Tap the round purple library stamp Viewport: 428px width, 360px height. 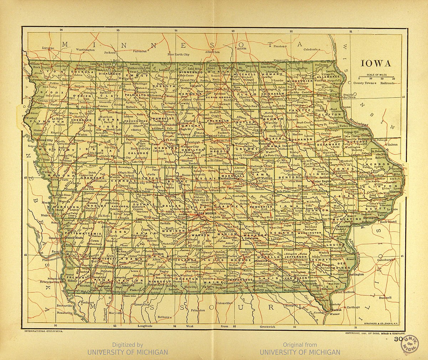(x=410, y=344)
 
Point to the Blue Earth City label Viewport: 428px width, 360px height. (x=179, y=54)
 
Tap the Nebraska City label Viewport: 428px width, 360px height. (x=49, y=282)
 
